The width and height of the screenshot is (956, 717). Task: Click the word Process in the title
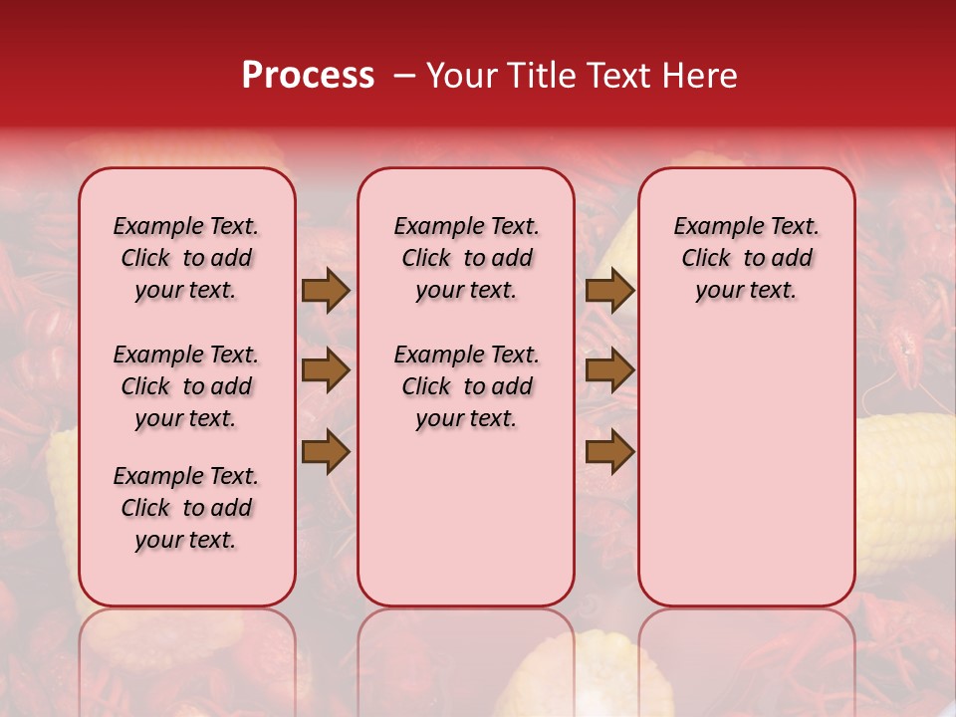(308, 76)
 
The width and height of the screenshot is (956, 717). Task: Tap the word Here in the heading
(703, 76)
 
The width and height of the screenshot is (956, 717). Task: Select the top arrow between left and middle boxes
(326, 291)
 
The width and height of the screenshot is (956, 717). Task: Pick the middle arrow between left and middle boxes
(326, 371)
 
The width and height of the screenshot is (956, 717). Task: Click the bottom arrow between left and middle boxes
(326, 452)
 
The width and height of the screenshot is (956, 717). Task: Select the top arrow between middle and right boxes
(609, 291)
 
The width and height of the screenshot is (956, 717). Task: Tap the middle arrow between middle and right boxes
(609, 371)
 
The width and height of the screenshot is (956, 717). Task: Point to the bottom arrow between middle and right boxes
(609, 452)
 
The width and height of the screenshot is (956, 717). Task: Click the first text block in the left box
(186, 258)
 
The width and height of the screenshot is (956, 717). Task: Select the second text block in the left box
(186, 386)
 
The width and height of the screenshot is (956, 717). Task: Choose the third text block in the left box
(186, 508)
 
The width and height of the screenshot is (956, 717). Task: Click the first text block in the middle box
(467, 258)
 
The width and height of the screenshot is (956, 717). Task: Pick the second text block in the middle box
(467, 386)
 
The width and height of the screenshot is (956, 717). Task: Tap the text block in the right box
(747, 258)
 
